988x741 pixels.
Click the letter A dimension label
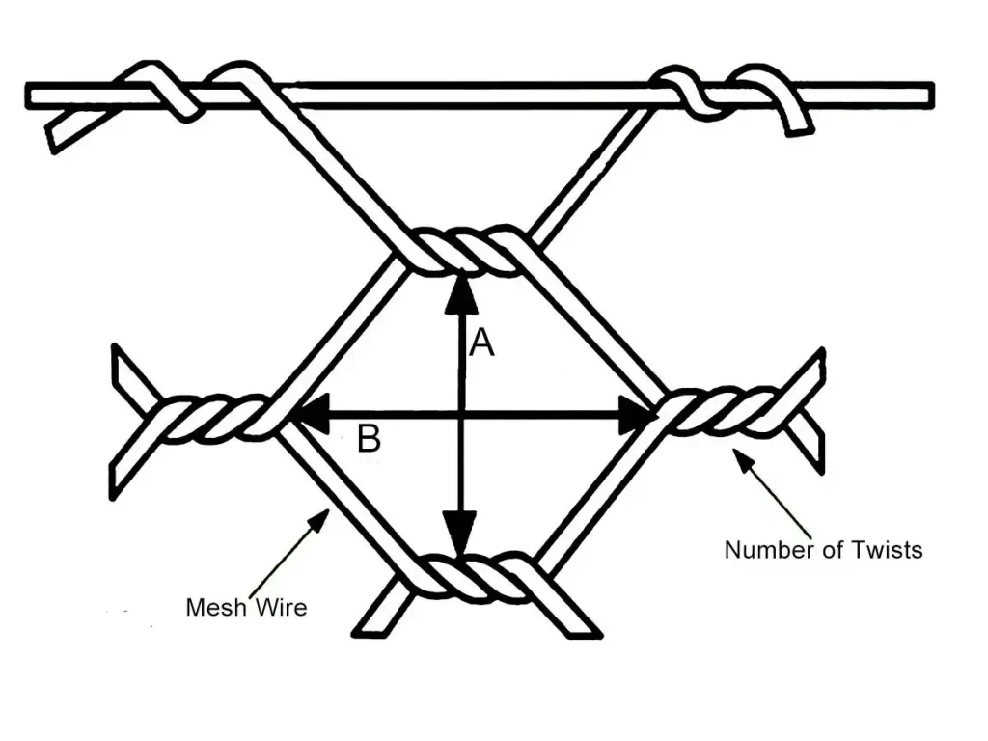point(481,342)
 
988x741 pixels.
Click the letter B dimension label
point(369,440)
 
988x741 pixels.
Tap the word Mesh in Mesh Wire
point(215,607)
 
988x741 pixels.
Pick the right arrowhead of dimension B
point(637,414)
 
